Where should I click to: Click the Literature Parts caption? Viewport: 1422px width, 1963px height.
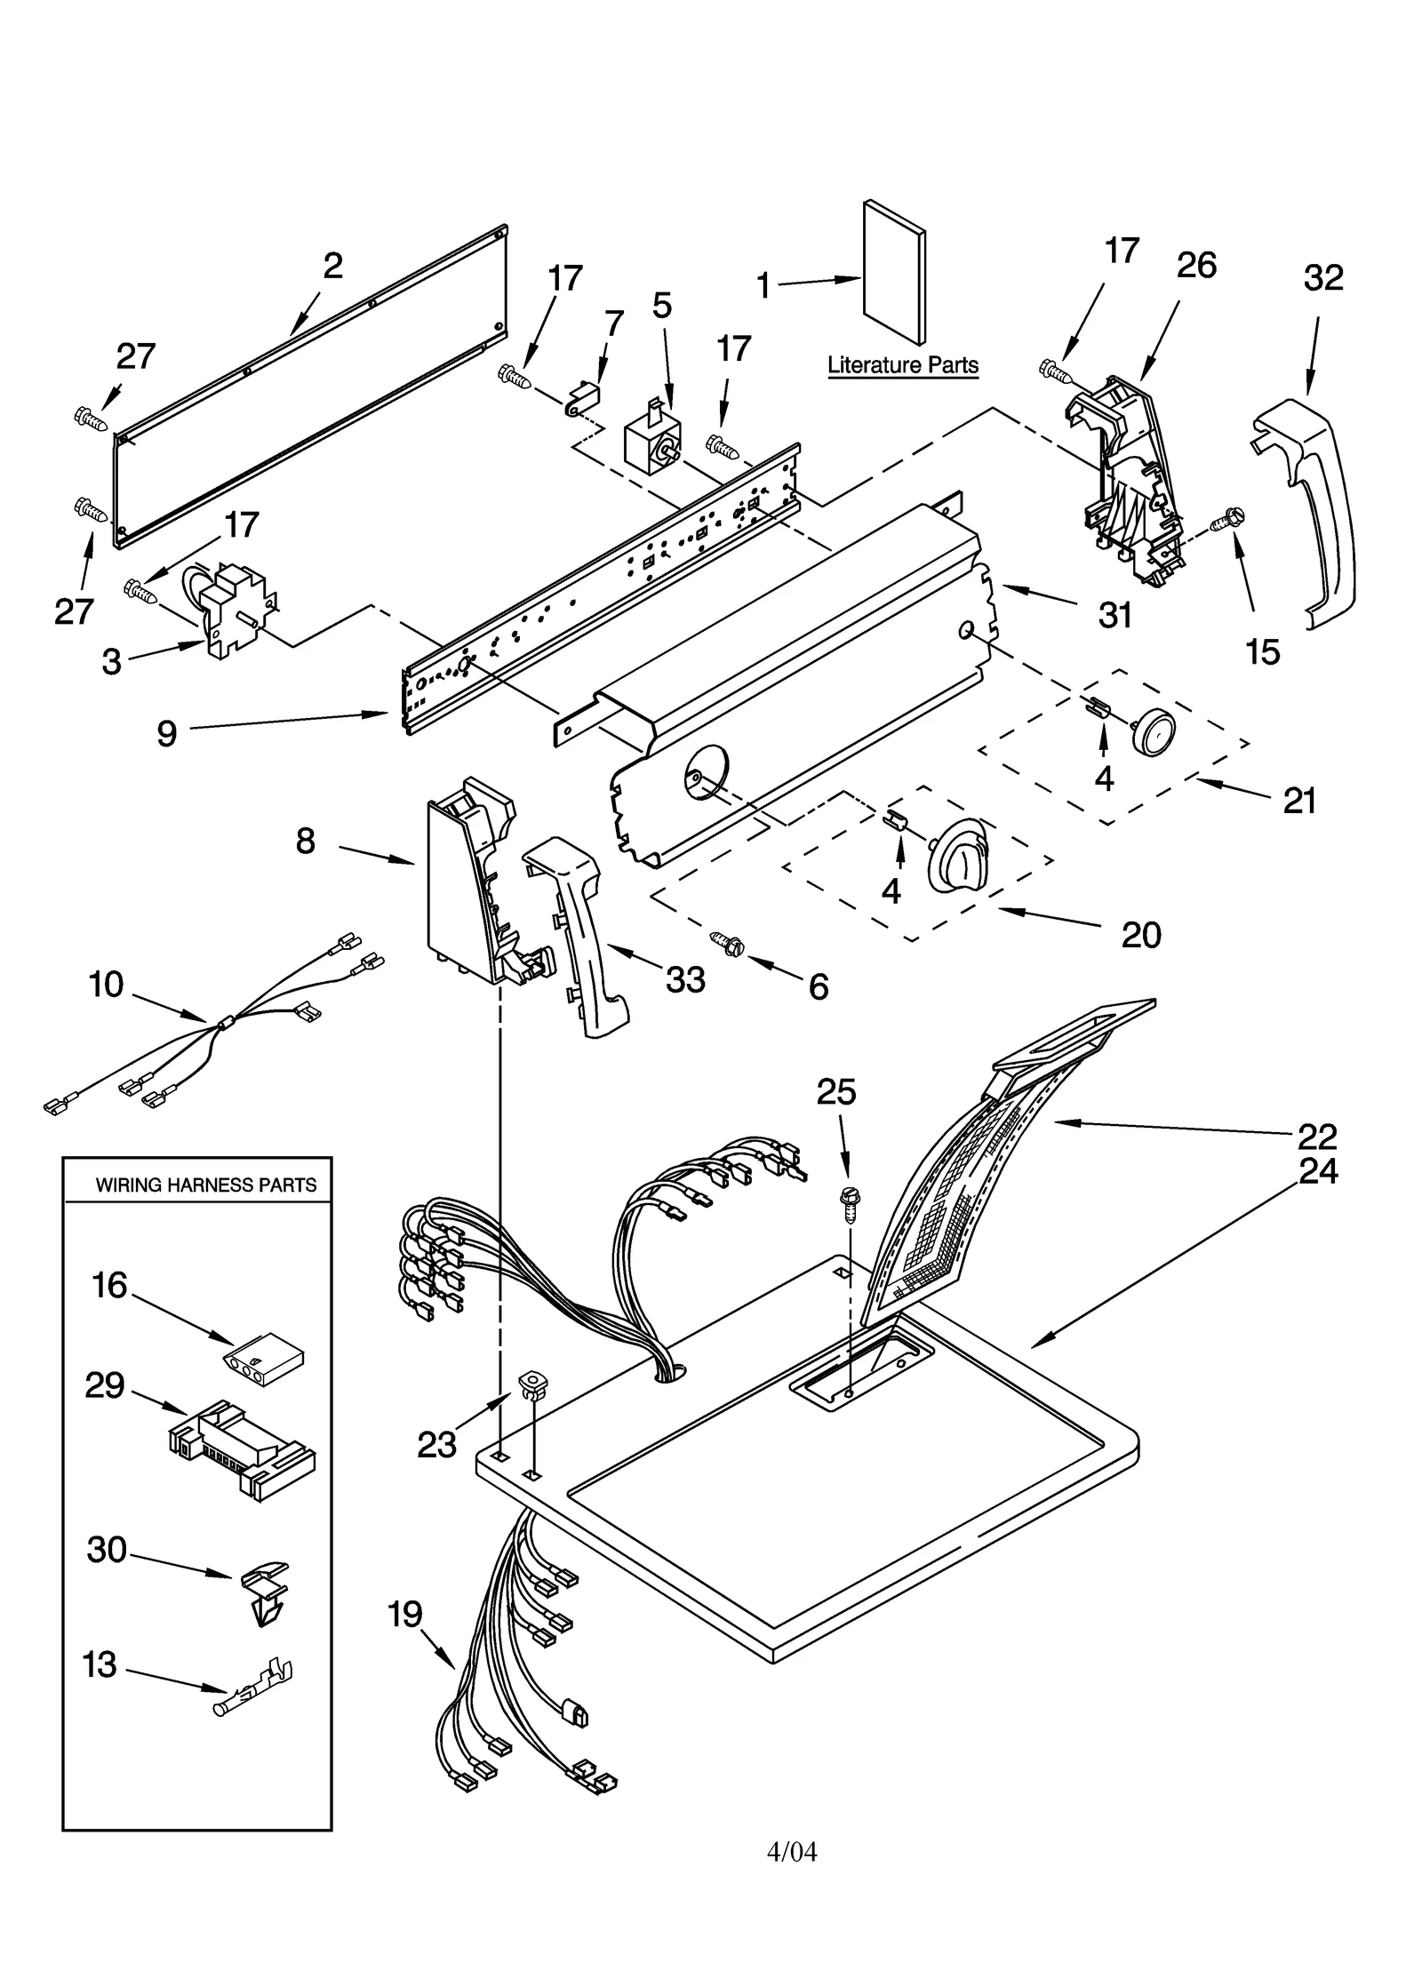coord(902,365)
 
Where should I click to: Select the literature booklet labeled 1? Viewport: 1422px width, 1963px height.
coord(893,272)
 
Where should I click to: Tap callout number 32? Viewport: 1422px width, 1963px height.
coord(1322,278)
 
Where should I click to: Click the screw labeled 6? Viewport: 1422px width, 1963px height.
coord(731,944)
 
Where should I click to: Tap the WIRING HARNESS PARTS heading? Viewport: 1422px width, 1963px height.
coord(205,1185)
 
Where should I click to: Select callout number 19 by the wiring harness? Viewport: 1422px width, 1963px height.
coord(404,1614)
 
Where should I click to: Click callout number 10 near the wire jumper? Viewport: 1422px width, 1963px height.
coord(106,985)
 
